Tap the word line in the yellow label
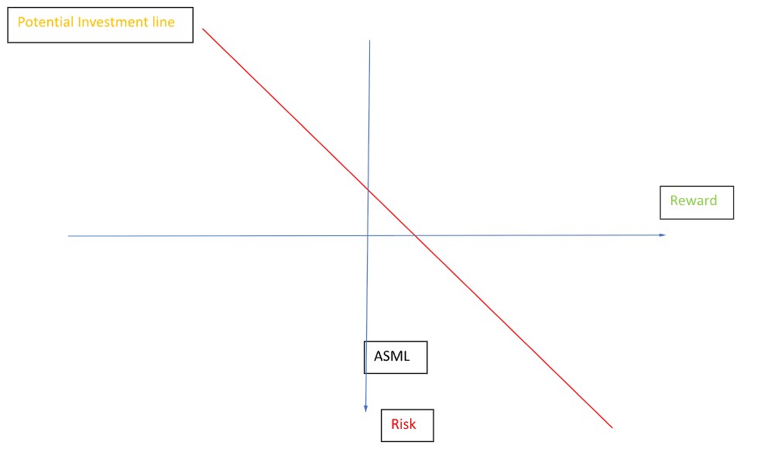click(164, 22)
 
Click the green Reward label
click(694, 201)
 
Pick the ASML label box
click(395, 358)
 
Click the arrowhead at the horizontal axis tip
click(663, 235)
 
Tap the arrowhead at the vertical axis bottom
click(365, 409)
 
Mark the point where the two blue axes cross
click(368, 235)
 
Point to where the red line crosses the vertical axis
click(368, 190)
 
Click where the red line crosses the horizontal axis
click(415, 235)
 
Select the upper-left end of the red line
click(203, 29)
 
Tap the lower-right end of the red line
click(612, 427)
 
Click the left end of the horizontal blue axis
click(69, 236)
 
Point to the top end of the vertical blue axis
click(370, 40)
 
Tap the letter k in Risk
click(413, 424)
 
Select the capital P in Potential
click(21, 22)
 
